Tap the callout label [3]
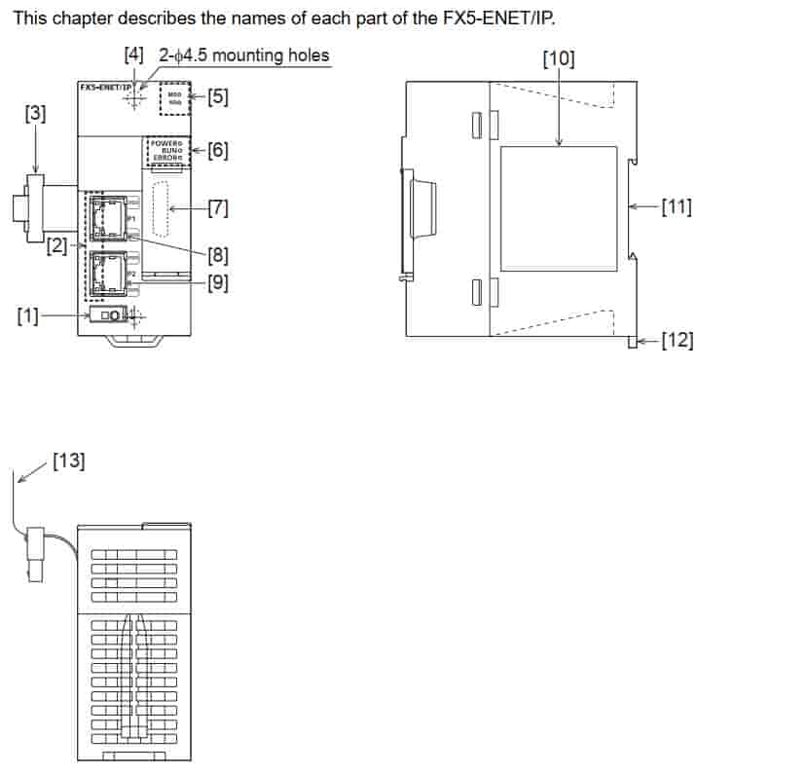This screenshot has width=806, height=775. click(34, 114)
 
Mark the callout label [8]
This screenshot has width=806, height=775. click(218, 256)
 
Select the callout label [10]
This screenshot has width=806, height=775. click(558, 59)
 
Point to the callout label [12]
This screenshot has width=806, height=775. click(677, 341)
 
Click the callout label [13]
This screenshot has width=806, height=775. click(69, 461)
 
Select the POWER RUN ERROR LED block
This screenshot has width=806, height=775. click(164, 151)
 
